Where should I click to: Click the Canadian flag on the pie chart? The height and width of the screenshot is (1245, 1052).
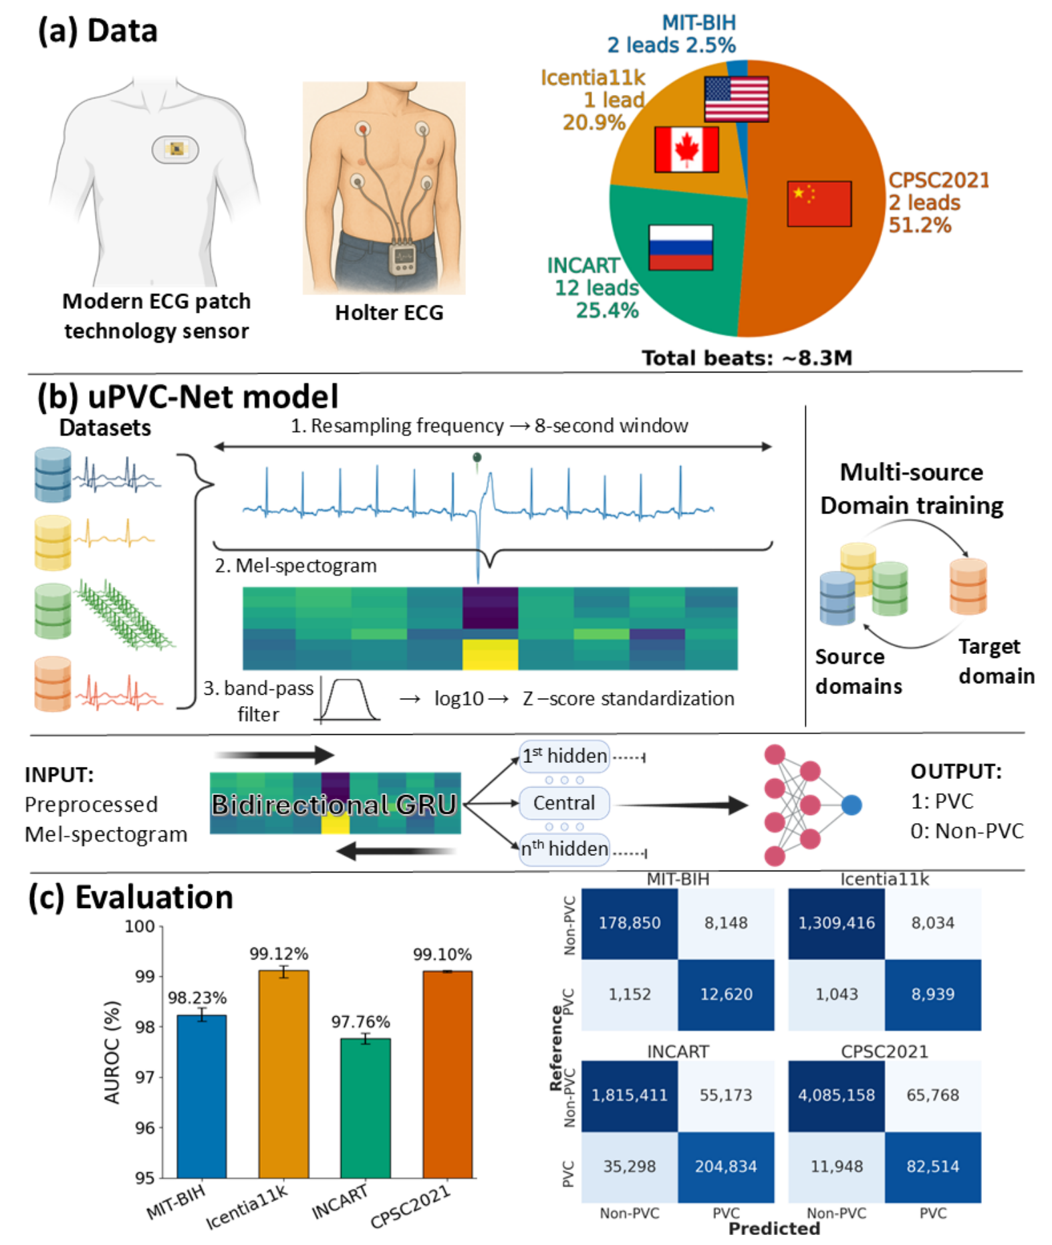point(686,149)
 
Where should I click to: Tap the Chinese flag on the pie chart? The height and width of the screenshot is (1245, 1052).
point(819,203)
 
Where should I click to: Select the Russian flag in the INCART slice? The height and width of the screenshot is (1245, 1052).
point(680,247)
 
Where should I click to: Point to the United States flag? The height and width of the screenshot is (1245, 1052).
point(736,99)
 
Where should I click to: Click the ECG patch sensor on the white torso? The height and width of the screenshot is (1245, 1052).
point(175,149)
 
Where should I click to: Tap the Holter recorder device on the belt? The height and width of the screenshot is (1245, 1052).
point(404,259)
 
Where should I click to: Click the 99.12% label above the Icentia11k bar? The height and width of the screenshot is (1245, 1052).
point(279,953)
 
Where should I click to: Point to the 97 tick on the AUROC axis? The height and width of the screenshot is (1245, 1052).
point(145,1077)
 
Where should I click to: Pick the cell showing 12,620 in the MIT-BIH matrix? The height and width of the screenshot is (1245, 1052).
point(726,994)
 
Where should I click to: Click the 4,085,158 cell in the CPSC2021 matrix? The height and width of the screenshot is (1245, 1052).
point(836,1095)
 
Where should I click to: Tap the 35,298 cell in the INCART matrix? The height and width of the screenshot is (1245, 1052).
point(629,1166)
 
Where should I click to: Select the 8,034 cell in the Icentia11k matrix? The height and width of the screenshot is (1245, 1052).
point(932,923)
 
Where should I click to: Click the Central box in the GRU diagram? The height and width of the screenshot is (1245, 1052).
point(563,803)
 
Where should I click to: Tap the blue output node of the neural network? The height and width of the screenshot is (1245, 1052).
point(851,804)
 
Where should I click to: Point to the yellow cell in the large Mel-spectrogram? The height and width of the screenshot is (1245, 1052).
point(490,654)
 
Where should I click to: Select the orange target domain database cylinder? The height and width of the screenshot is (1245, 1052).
point(968,586)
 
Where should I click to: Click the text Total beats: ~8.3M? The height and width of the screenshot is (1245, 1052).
point(747,358)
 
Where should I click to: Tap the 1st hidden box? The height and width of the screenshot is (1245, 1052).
point(564,756)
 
